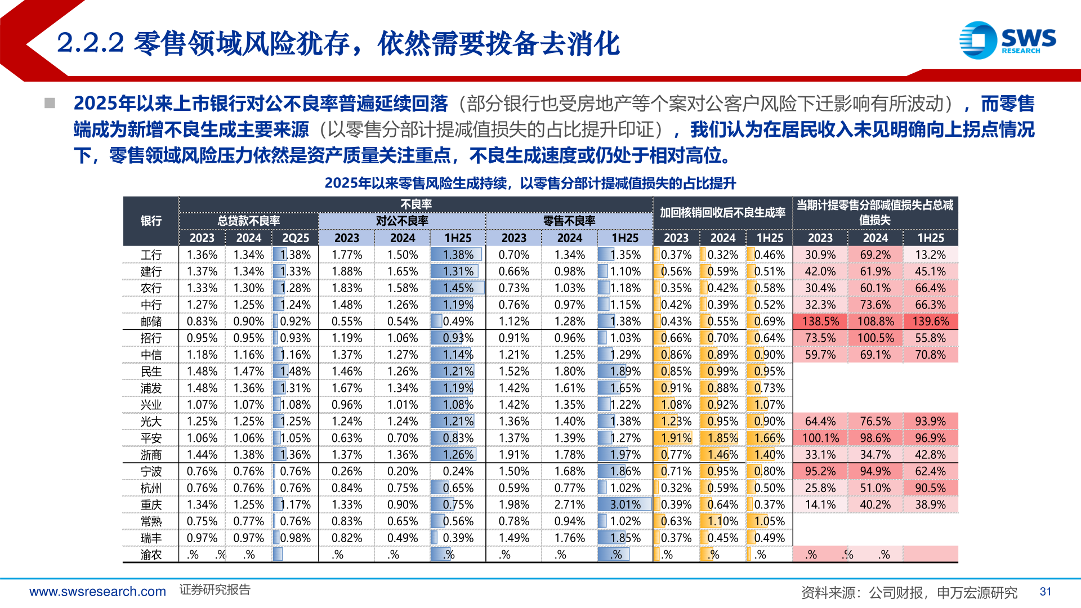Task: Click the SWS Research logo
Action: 1007,40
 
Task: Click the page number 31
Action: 1046,592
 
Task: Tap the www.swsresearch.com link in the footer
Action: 97,592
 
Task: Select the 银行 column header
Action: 151,221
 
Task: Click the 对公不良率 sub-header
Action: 402,221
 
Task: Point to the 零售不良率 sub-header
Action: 569,221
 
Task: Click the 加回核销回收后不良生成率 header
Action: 722,212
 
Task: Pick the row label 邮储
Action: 151,321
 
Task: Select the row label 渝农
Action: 151,555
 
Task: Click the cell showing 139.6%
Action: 930,321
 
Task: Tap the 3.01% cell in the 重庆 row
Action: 625,505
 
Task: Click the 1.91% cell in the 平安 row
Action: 676,438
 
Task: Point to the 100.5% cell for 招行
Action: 875,338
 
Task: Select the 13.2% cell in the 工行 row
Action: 930,255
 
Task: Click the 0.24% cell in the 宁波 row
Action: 458,471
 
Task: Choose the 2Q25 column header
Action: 295,238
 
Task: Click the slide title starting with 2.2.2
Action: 338,43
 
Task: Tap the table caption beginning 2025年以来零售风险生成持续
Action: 530,183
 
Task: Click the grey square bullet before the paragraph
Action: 50,103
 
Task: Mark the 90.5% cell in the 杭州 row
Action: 930,488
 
